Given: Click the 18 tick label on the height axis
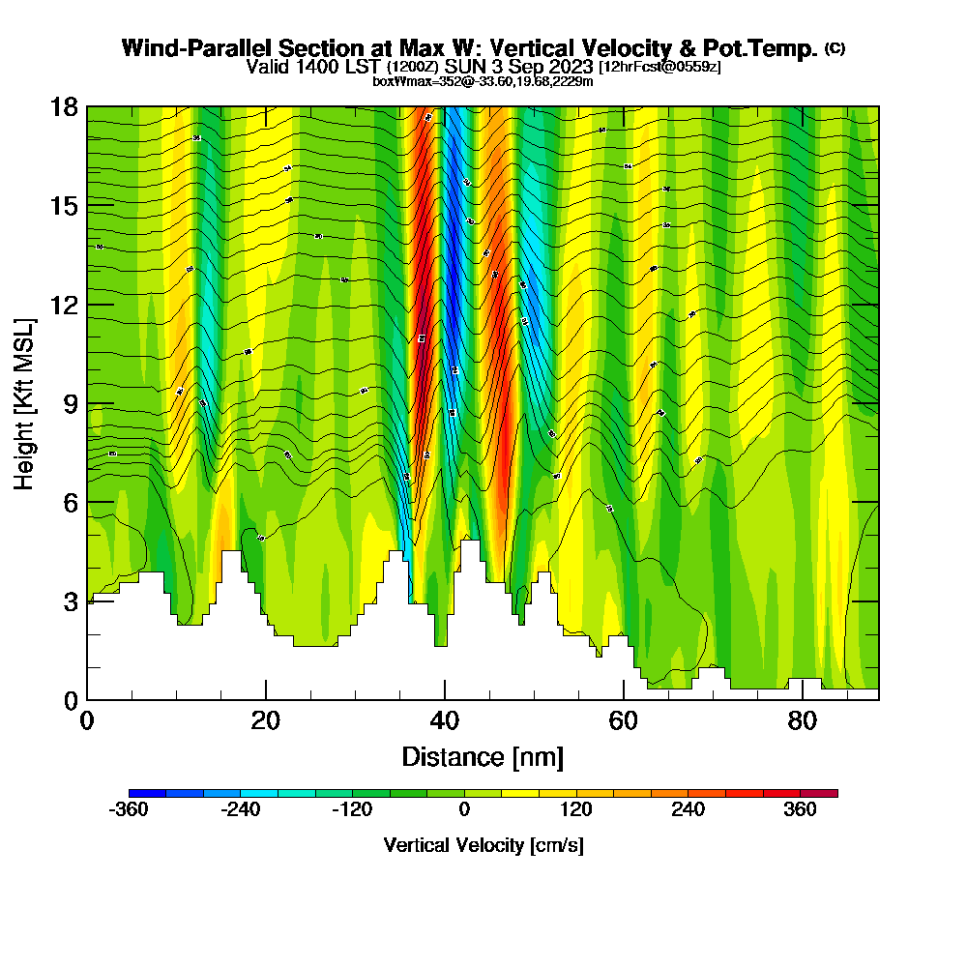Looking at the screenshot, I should tap(65, 107).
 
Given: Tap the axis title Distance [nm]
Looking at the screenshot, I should tap(483, 756).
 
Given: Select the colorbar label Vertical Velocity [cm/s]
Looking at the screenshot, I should tap(483, 845).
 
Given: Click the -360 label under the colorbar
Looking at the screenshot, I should tap(129, 811).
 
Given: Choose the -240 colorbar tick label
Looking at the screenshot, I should tap(241, 811).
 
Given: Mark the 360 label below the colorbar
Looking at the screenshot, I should tap(801, 811).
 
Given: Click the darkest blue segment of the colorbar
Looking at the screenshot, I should tap(147, 793).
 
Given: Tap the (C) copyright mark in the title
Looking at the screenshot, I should tap(835, 48).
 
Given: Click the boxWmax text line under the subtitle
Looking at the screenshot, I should tap(483, 81).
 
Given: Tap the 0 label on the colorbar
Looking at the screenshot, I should tap(464, 811).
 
